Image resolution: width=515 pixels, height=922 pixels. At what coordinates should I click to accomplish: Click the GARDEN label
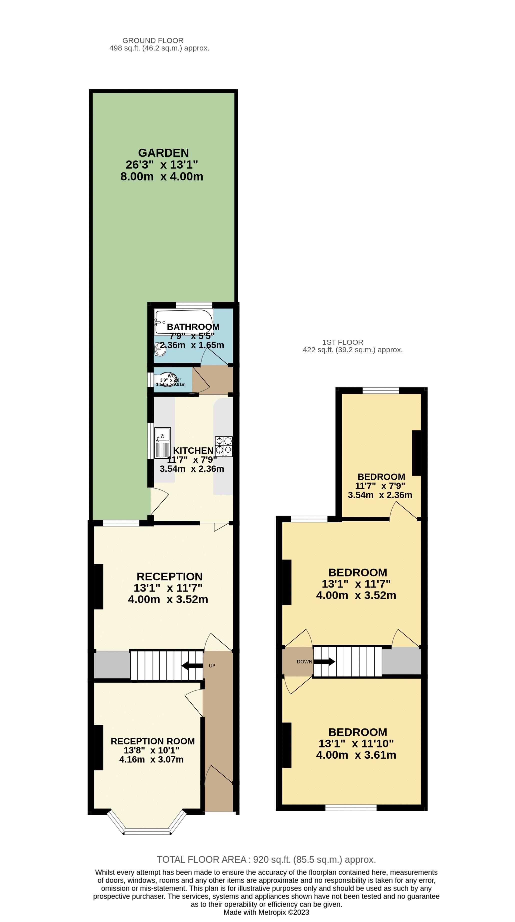pyautogui.click(x=163, y=153)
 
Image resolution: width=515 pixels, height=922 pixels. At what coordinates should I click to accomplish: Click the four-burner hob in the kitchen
pyautogui.click(x=223, y=446)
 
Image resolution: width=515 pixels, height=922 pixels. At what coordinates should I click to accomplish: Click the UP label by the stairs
pyautogui.click(x=212, y=666)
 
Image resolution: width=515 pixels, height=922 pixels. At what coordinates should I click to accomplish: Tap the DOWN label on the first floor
pyautogui.click(x=304, y=662)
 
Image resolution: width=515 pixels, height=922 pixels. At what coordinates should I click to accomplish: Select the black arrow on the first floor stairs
pyautogui.click(x=325, y=662)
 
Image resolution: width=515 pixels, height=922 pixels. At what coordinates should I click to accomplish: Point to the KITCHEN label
pyautogui.click(x=193, y=450)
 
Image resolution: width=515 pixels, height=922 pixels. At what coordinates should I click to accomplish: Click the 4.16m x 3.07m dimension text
pyautogui.click(x=151, y=759)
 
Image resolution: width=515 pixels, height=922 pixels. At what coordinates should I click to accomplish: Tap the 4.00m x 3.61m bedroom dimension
pyautogui.click(x=356, y=755)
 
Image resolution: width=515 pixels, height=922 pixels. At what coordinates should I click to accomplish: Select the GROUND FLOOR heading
pyautogui.click(x=153, y=40)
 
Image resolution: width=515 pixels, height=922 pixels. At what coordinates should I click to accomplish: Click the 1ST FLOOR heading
pyautogui.click(x=343, y=342)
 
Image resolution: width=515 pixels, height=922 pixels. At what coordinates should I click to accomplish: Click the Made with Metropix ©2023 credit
pyautogui.click(x=266, y=912)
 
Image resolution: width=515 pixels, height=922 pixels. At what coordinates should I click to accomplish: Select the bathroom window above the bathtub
pyautogui.click(x=194, y=305)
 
